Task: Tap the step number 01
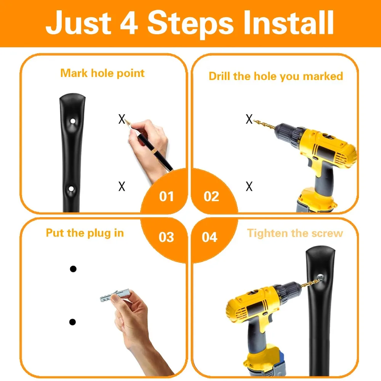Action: click(166, 197)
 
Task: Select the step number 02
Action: click(211, 197)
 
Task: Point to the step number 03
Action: click(166, 237)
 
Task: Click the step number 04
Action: click(210, 237)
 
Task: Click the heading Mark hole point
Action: click(102, 74)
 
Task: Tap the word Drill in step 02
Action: click(219, 76)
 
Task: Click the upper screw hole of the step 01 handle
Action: click(73, 121)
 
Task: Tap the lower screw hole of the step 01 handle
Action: click(71, 189)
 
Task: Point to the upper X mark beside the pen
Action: click(122, 119)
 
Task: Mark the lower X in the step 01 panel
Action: click(122, 186)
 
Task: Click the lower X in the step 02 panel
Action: click(249, 186)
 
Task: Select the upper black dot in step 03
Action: click(73, 269)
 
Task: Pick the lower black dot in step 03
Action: click(72, 322)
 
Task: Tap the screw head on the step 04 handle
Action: click(320, 277)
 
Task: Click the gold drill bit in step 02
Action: click(264, 125)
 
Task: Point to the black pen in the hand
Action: click(149, 147)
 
